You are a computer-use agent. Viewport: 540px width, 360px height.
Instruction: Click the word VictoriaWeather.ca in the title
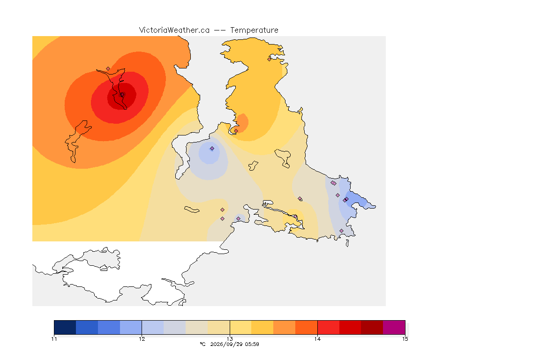174,30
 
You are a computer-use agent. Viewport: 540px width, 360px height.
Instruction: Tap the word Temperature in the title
254,30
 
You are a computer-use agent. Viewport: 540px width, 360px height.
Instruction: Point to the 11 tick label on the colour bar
54,339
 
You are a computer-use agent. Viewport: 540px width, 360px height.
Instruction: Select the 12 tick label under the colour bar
142,339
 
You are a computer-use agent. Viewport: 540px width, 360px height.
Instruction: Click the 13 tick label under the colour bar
230,339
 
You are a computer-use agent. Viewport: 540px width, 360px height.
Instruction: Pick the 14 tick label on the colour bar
317,339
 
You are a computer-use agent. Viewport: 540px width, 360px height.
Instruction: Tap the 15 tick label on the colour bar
405,339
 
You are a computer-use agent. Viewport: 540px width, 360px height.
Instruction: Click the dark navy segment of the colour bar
65,327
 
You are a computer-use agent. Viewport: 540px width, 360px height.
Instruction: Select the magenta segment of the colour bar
394,327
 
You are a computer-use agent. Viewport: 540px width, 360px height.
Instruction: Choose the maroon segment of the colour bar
372,327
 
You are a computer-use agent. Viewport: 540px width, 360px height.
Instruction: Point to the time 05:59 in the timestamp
252,344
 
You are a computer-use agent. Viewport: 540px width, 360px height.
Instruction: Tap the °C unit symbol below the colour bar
202,344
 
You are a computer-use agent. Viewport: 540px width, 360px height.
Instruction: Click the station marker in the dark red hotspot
122,94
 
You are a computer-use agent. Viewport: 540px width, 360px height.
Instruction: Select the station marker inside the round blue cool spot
212,149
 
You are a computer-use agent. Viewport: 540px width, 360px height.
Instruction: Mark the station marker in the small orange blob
236,131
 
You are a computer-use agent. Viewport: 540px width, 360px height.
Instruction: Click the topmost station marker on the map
270,59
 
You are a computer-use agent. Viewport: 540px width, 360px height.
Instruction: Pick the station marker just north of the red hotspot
108,69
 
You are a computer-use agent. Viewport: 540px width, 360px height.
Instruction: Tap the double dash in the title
220,30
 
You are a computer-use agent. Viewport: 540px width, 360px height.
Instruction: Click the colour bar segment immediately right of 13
241,327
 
